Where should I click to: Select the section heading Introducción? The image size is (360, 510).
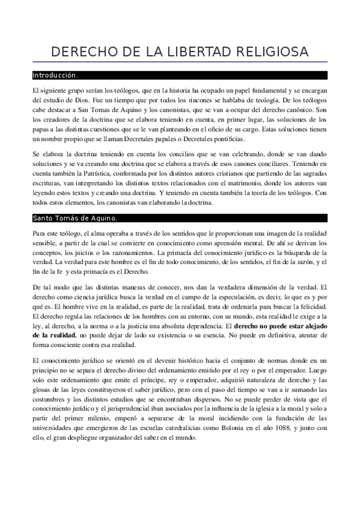[55, 76]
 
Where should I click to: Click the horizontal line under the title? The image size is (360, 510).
[180, 63]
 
